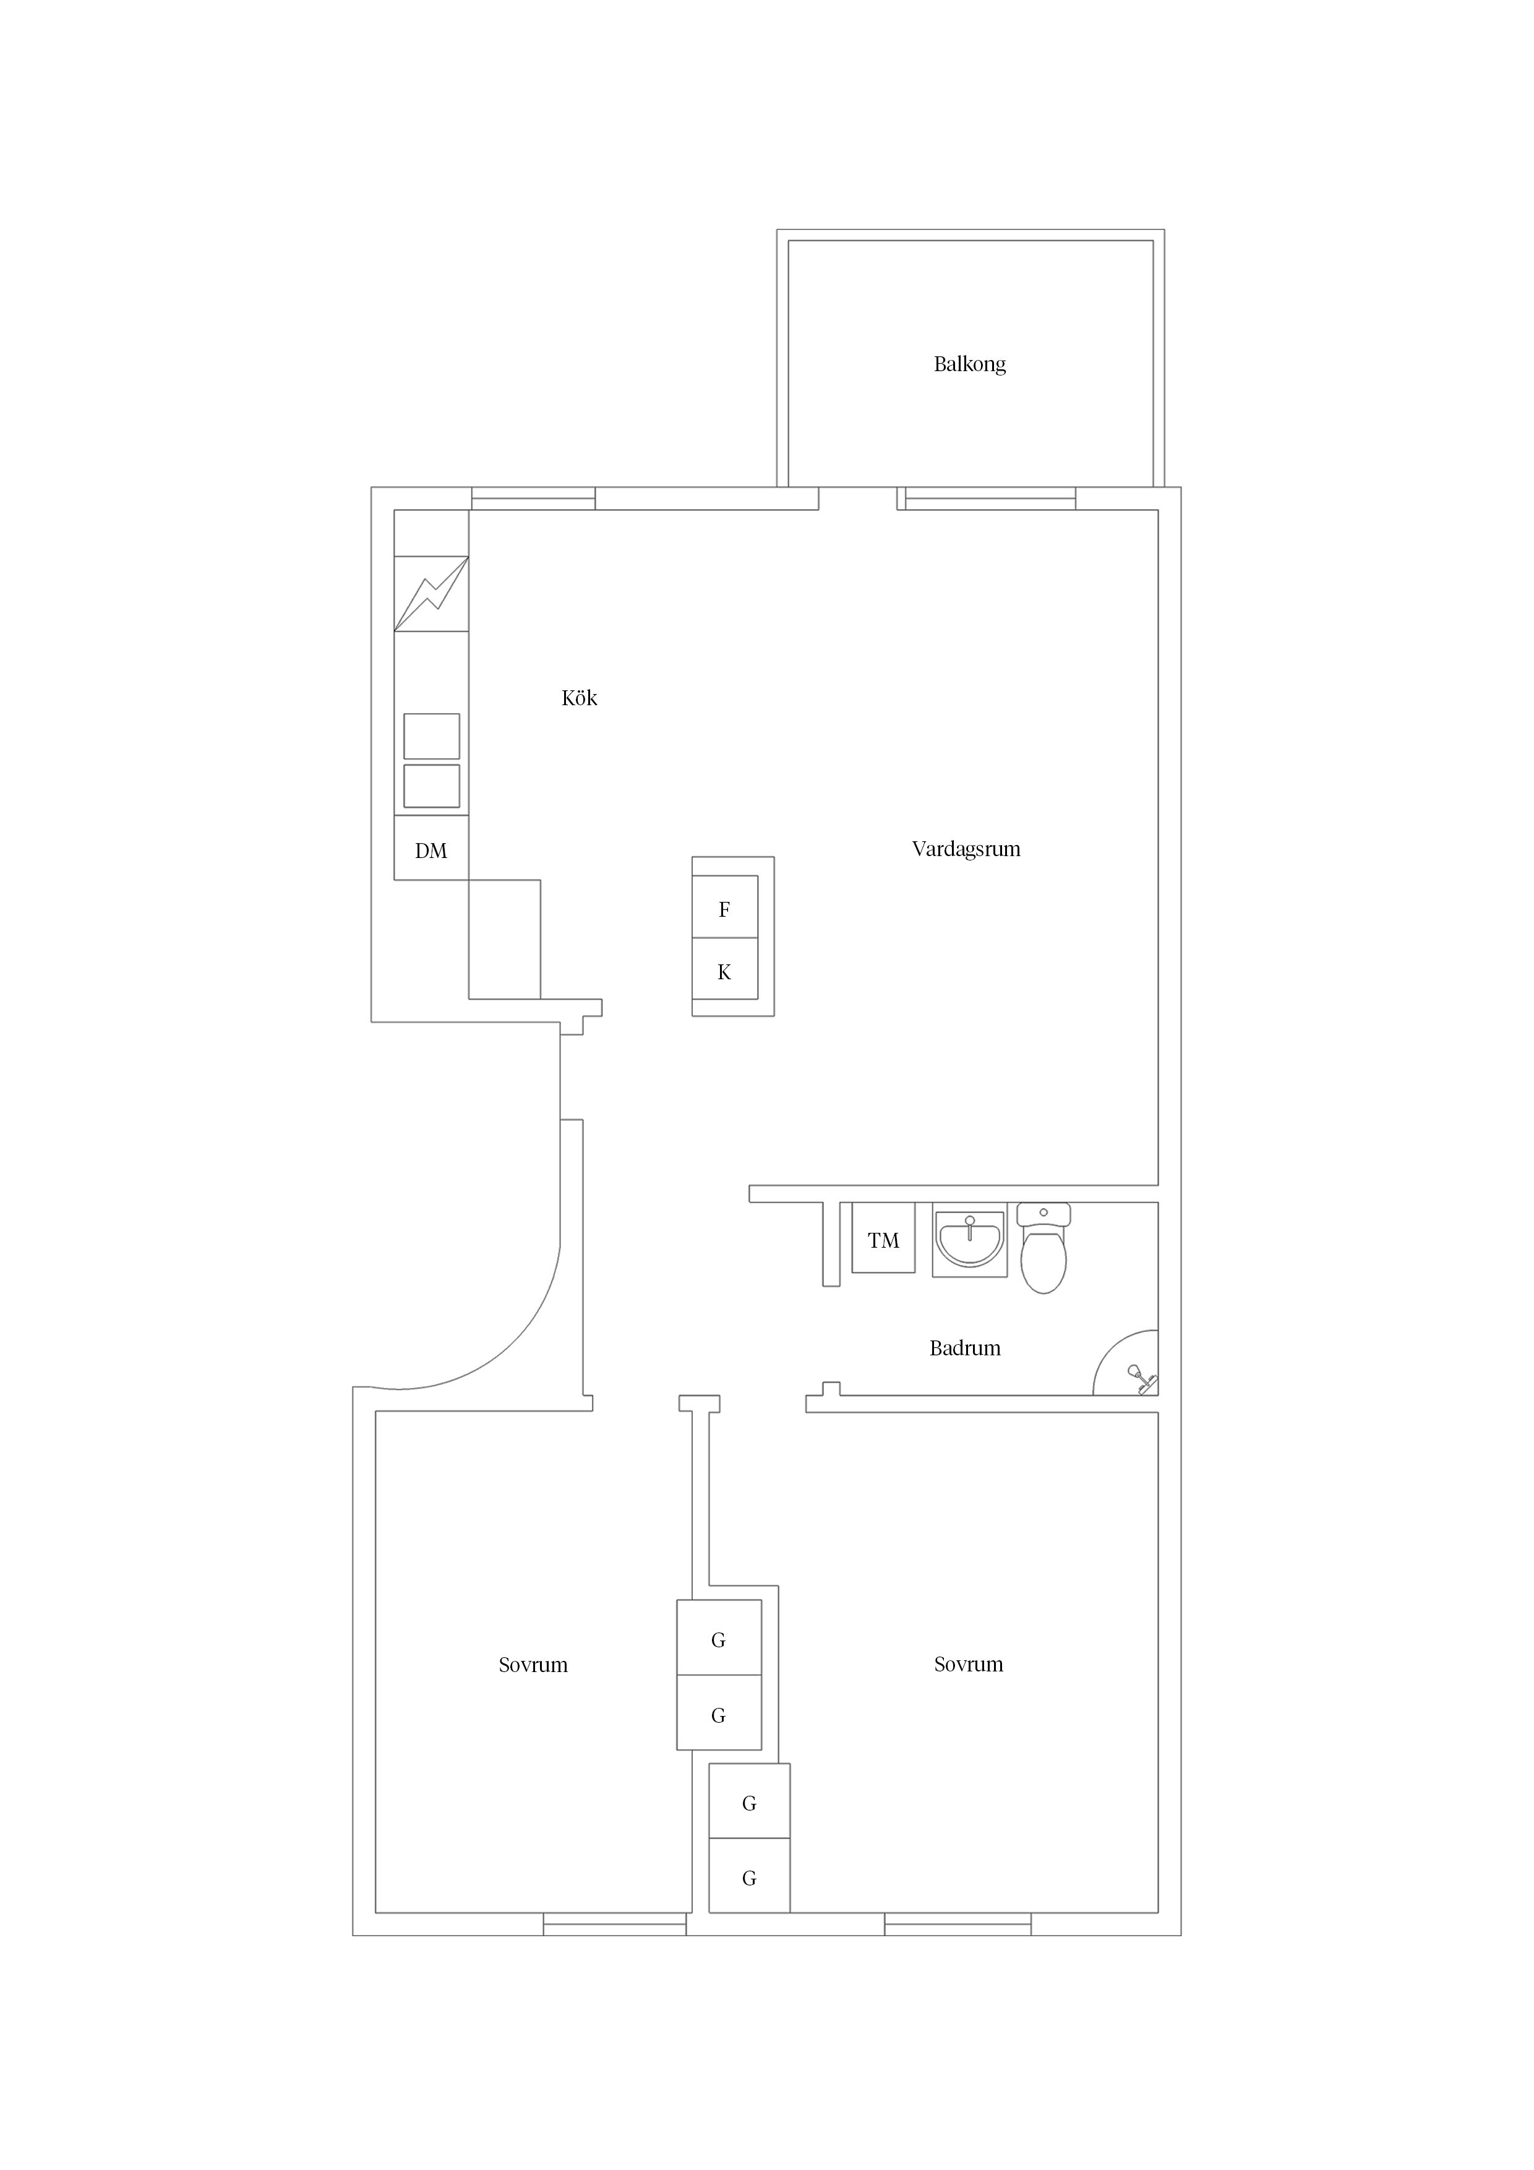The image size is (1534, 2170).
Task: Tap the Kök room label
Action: point(580,698)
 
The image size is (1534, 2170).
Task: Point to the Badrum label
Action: point(965,1348)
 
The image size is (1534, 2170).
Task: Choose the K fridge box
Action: point(725,969)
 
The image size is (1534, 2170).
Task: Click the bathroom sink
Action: point(969,1239)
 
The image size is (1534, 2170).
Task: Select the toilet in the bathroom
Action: point(1043,1248)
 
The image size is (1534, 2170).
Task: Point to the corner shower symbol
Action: point(1128,1365)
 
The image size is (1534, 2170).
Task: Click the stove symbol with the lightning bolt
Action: point(431,594)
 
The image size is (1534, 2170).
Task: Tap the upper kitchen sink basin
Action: point(432,736)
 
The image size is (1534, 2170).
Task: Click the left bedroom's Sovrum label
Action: point(533,1665)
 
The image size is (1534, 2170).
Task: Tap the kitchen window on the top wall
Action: point(533,498)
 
